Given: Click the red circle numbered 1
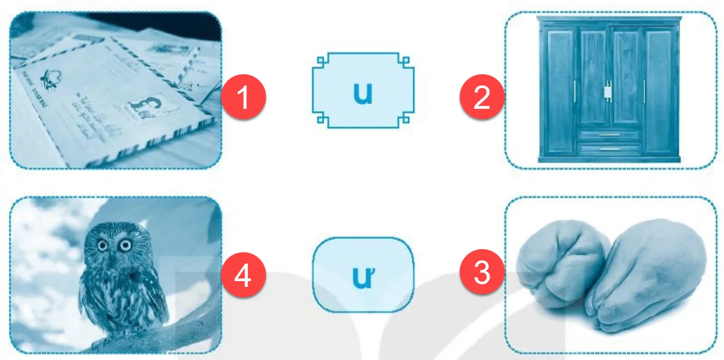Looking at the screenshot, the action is pyautogui.click(x=244, y=96).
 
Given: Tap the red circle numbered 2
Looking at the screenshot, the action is pyautogui.click(x=482, y=96).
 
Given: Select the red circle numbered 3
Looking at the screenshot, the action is pyautogui.click(x=482, y=271).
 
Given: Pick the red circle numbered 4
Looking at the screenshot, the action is pyautogui.click(x=244, y=275).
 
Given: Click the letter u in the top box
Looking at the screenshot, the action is pyautogui.click(x=363, y=93).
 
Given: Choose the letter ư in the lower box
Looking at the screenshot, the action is pyautogui.click(x=363, y=277).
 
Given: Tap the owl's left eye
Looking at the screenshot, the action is pyautogui.click(x=103, y=245).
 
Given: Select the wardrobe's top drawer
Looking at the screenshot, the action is pyautogui.click(x=609, y=135).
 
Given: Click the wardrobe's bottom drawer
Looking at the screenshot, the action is pyautogui.click(x=609, y=149).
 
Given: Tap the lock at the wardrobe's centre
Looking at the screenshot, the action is pyautogui.click(x=608, y=92).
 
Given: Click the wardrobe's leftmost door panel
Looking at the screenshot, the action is pyautogui.click(x=560, y=90).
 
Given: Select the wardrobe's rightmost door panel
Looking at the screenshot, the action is pyautogui.click(x=659, y=90).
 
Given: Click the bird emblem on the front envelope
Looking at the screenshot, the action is pyautogui.click(x=51, y=79).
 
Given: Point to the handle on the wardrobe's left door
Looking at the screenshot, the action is pyautogui.click(x=575, y=92).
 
